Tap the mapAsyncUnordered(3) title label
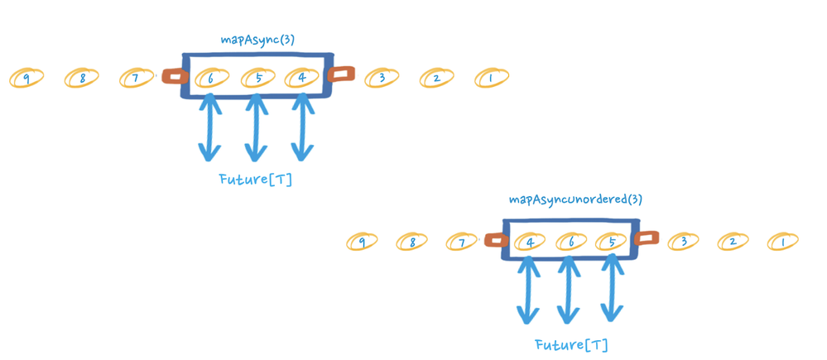pos(575,199)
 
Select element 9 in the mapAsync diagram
pos(26,79)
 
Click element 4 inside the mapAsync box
pos(302,79)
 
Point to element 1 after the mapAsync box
pos(491,79)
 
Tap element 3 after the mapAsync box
pos(381,79)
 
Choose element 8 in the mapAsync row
pos(82,79)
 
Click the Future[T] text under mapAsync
pos(256,179)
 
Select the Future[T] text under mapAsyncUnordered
pos(572,344)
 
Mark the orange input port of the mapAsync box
pos(174,77)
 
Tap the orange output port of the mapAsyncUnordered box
pos(646,238)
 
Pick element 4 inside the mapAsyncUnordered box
pos(529,242)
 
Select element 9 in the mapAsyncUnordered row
pos(362,242)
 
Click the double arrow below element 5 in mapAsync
pos(256,127)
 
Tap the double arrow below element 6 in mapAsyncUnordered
pos(568,290)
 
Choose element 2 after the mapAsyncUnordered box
pos(732,242)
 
